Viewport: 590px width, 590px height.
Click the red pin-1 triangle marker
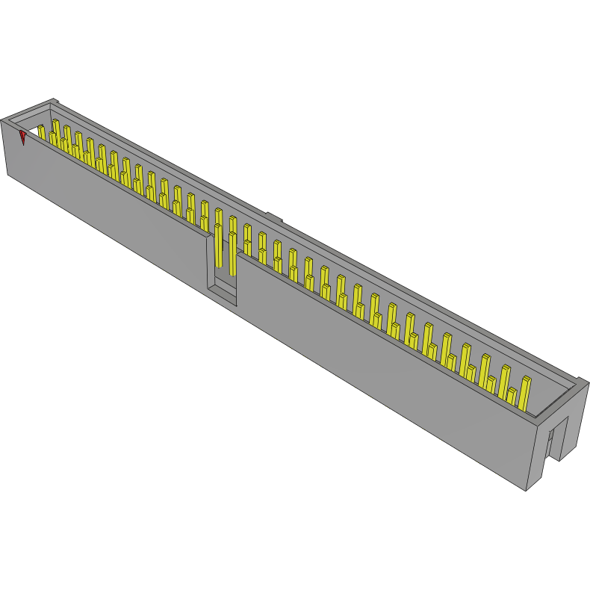[x=23, y=137]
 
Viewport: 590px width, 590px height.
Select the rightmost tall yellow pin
[x=525, y=392]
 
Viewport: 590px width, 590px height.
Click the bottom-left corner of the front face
[x=8, y=175]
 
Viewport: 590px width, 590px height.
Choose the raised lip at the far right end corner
[x=581, y=382]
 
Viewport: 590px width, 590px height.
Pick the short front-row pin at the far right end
[x=512, y=397]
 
